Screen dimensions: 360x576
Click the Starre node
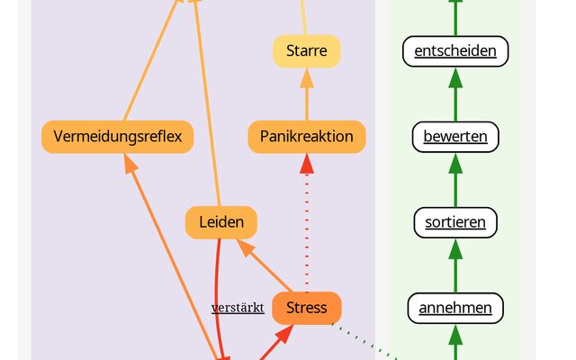point(306,51)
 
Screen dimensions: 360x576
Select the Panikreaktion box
point(306,137)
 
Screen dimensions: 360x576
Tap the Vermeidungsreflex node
point(117,137)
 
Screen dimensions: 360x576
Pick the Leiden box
point(221,222)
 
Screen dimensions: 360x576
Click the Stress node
point(306,308)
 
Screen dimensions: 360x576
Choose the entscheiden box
point(454,51)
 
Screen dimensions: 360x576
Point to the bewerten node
point(454,137)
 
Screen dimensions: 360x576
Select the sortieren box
point(454,222)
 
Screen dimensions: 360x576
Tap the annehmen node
point(454,308)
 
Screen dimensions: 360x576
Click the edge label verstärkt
point(238,308)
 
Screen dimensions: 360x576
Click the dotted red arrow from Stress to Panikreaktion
point(306,225)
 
